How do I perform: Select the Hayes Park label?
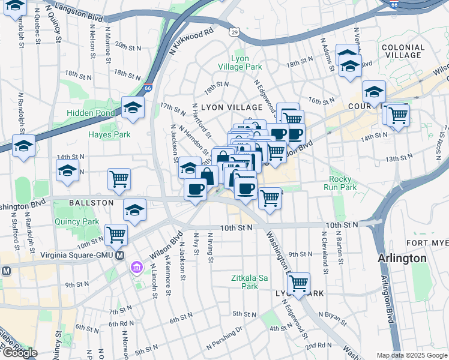click(109, 134)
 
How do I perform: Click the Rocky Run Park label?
click(343, 183)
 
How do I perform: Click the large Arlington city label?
click(402, 259)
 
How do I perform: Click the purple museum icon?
click(137, 266)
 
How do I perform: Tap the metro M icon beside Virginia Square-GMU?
click(120, 255)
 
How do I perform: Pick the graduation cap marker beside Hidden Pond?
click(133, 108)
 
